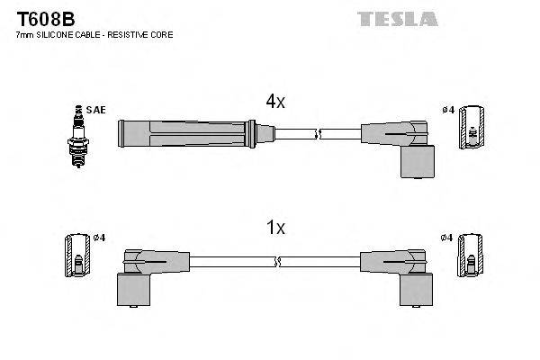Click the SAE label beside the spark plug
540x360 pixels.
tap(97, 110)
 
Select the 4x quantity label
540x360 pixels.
tap(274, 103)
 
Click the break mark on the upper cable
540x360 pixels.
tap(316, 134)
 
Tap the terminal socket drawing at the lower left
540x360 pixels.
tap(76, 256)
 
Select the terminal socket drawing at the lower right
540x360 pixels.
tap(469, 256)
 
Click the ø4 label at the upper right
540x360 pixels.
tap(448, 111)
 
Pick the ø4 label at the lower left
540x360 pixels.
tap(99, 238)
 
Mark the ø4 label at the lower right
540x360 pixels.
tap(447, 238)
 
